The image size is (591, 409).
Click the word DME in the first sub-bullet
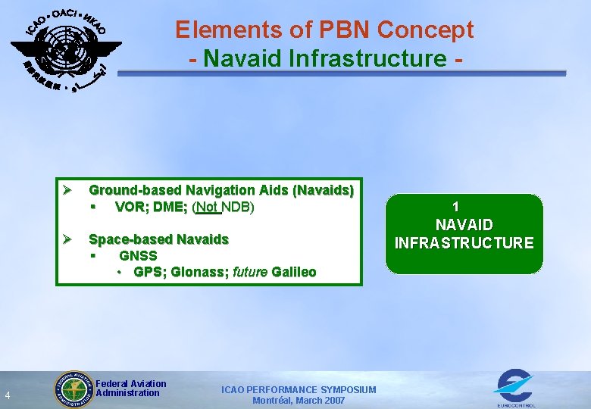170,208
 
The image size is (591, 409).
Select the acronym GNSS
138,255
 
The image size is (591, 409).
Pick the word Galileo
294,272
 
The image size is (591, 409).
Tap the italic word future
250,272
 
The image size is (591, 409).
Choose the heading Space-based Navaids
158,239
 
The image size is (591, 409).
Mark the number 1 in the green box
455,207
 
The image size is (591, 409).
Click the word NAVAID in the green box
464,225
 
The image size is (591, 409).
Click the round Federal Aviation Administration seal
73,390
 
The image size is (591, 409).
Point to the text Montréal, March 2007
298,401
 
